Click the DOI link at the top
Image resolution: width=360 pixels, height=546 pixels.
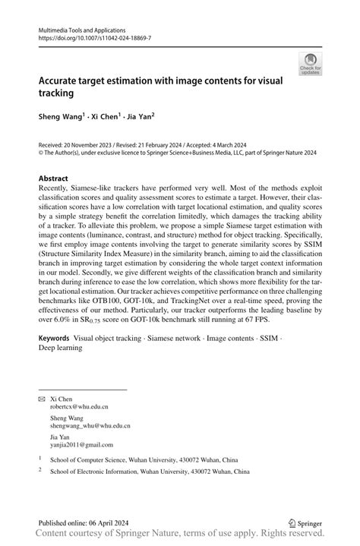[x=94, y=36]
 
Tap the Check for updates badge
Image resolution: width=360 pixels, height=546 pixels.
[x=309, y=64]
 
